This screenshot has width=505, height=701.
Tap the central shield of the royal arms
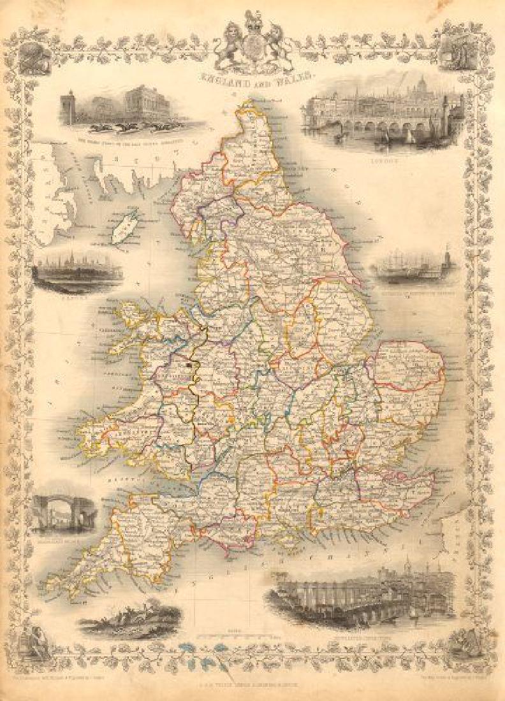[252, 48]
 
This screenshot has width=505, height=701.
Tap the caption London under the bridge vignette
[382, 162]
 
